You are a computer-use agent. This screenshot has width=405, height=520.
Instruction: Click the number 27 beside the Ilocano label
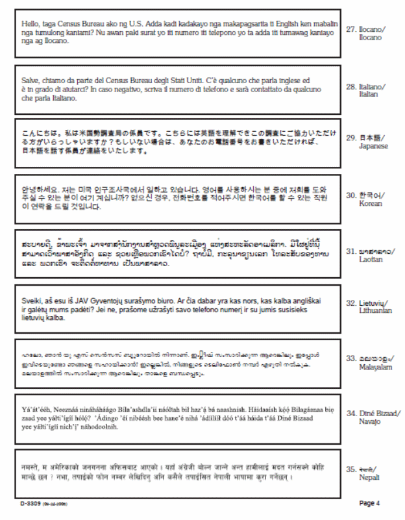[350, 30]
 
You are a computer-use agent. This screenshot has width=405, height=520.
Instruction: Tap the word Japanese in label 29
[373, 146]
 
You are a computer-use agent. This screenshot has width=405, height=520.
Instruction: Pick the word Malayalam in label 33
[376, 367]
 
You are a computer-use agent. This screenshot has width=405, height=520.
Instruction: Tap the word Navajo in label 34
[370, 421]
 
